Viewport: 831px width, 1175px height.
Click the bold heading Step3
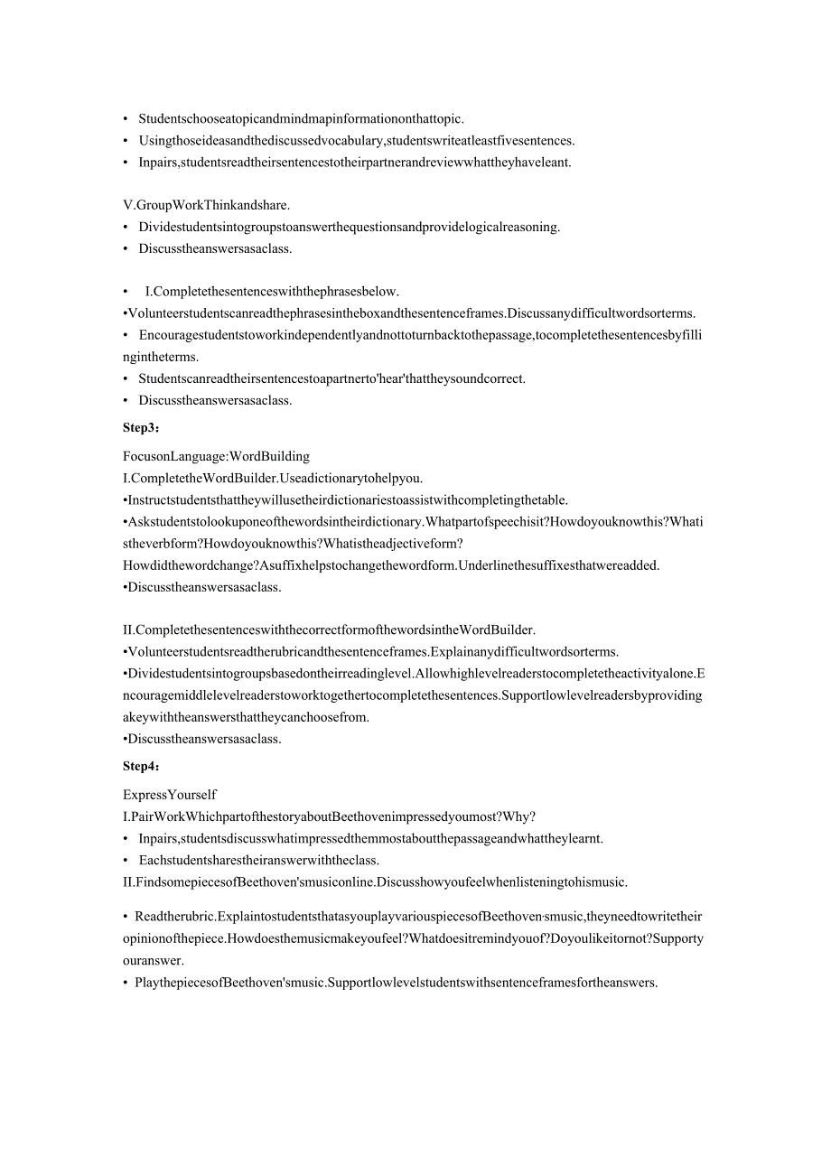141,427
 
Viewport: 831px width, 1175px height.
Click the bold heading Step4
141,766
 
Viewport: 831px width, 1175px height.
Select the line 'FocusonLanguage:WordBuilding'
216,456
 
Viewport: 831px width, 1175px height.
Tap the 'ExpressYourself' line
169,795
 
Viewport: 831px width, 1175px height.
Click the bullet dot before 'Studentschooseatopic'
126,119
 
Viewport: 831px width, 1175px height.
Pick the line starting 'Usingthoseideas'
356,140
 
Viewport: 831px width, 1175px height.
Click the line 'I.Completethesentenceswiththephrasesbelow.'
271,292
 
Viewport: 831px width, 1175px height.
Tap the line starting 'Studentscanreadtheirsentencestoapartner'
331,378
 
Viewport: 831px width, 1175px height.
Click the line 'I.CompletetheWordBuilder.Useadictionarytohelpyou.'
272,478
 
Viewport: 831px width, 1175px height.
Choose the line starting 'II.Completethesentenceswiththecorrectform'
329,629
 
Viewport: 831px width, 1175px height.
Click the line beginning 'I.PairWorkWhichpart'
329,816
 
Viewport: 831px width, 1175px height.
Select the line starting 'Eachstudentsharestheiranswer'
258,860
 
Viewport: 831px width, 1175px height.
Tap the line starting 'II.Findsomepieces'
375,881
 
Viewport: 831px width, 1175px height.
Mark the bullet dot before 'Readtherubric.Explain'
126,917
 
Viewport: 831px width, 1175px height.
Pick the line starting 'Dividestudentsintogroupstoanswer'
349,227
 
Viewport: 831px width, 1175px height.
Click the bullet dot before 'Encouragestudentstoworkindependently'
126,335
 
